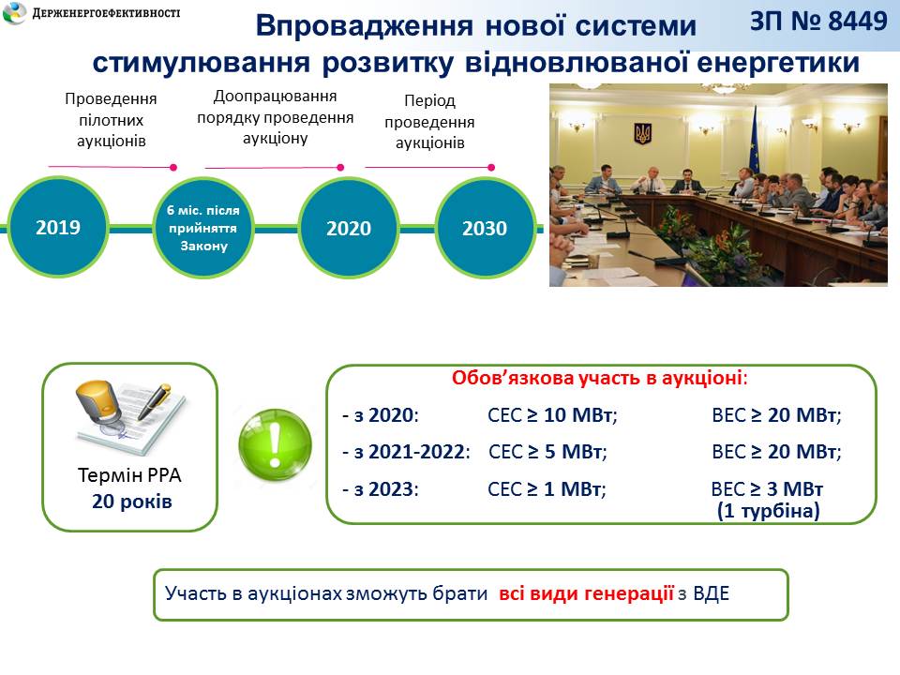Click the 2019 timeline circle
click(x=58, y=227)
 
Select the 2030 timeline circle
click(x=485, y=228)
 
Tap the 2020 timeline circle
click(x=349, y=228)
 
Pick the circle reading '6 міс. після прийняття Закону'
click(x=203, y=228)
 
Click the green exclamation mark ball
click(x=275, y=444)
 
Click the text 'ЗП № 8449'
click(x=818, y=22)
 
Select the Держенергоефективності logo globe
click(x=14, y=12)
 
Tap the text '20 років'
click(x=132, y=501)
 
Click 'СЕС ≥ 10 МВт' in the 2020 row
click(x=552, y=415)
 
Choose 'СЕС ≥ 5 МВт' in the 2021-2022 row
click(x=547, y=452)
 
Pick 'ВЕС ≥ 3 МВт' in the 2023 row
click(x=767, y=489)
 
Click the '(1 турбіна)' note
click(x=768, y=510)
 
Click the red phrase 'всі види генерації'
click(x=586, y=592)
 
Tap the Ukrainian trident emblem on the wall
click(x=642, y=133)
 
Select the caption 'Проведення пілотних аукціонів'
click(x=111, y=120)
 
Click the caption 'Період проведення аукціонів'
click(x=430, y=122)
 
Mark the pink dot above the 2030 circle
click(x=491, y=168)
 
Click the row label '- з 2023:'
click(x=381, y=489)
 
